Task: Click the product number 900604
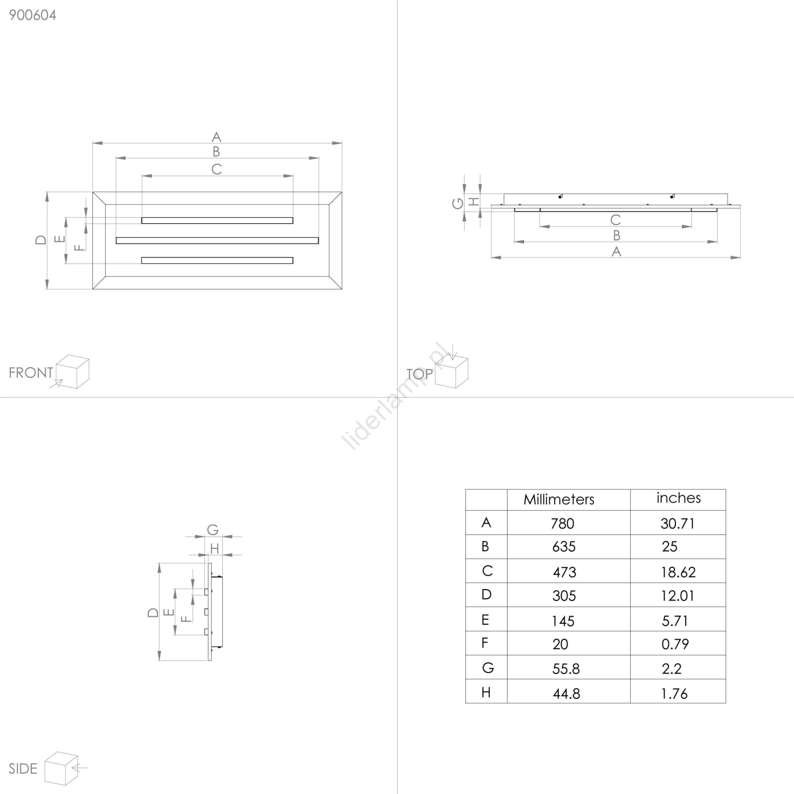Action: pos(33,15)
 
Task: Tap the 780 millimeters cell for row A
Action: pos(562,523)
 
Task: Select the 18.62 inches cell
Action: pos(678,572)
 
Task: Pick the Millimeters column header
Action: pos(559,499)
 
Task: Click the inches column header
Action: pos(678,498)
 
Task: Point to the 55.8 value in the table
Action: pos(566,669)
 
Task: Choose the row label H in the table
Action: pos(486,692)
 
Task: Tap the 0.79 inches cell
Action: pos(675,644)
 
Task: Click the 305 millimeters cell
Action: pos(564,595)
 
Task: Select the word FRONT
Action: pos(31,373)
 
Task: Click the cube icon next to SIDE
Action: pos(62,768)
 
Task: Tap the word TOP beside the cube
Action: pos(419,374)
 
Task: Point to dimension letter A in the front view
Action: pos(216,136)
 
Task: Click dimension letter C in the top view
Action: pos(615,220)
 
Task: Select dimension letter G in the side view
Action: pos(213,529)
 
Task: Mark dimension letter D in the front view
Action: pos(41,240)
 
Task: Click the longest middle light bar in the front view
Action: pos(217,241)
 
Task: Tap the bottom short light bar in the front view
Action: pos(217,261)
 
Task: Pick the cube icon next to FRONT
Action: pos(72,371)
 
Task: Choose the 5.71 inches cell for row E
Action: pos(674,620)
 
